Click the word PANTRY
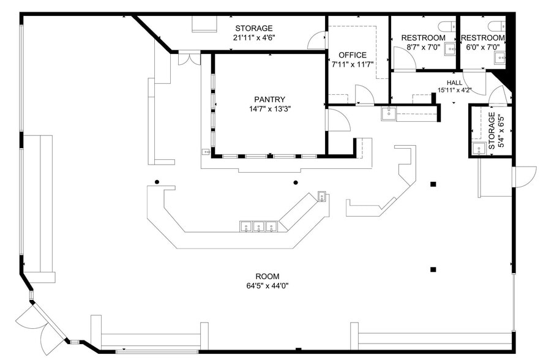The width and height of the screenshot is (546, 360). pos(270,99)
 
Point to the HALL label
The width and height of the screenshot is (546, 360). pos(454,83)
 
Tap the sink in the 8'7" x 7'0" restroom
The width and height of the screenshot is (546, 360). pos(449,49)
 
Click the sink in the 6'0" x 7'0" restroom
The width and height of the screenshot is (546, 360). pos(500,58)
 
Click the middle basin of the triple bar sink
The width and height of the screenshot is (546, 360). pos(258,227)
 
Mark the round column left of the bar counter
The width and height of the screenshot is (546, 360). pos(157,182)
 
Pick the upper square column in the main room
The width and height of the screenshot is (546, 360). pos(433,184)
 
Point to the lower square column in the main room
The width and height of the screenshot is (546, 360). pos(433,269)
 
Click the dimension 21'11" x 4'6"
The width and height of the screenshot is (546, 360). pos(253,38)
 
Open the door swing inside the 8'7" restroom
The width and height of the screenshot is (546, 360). pos(403,58)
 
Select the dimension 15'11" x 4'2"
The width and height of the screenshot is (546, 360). pos(454,91)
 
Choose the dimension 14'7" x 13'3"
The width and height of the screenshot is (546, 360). pos(270,110)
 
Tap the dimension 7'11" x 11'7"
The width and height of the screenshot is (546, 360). pos(353,64)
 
